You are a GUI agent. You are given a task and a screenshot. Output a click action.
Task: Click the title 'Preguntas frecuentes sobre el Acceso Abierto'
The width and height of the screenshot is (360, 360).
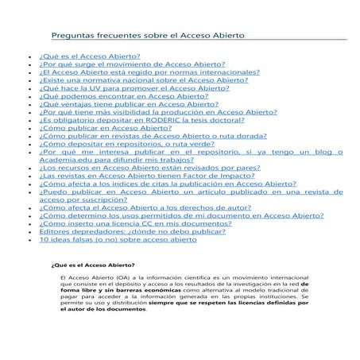[x=148, y=37]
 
